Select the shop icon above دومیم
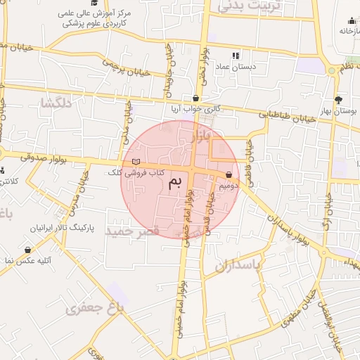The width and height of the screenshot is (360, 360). click(x=229, y=175)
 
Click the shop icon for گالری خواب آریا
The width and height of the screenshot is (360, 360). click(x=195, y=98)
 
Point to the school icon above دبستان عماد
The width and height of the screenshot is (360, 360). click(x=236, y=55)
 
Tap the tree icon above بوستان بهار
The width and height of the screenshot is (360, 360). click(x=339, y=99)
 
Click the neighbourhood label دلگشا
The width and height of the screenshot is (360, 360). click(x=56, y=103)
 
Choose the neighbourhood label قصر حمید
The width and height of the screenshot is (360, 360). click(x=133, y=230)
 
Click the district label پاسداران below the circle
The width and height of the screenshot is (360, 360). click(x=233, y=266)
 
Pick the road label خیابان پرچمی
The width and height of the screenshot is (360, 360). click(x=127, y=70)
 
